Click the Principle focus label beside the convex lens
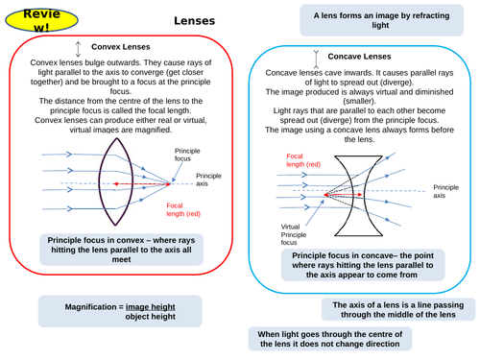pos(187,156)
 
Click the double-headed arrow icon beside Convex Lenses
pos(77,48)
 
